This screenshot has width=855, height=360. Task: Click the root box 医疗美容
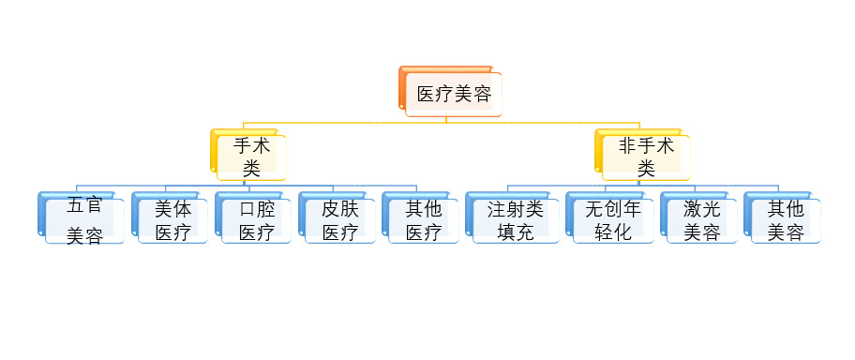(454, 94)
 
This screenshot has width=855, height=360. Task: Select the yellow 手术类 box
(250, 157)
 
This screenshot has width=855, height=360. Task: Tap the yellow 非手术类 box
(646, 157)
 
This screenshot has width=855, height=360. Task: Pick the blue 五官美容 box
(84, 221)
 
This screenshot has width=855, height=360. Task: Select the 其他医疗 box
(424, 220)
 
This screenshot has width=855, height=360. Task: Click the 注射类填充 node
(516, 220)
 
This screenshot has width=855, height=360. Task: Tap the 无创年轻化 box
(613, 220)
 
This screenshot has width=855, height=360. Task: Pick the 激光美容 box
(702, 220)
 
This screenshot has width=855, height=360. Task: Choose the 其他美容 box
(786, 220)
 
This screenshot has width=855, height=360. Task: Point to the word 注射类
(516, 209)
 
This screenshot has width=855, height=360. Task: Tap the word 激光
(702, 209)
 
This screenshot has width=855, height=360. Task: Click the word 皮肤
(340, 209)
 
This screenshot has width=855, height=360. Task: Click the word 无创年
(613, 209)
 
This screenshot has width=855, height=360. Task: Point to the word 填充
(516, 232)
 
